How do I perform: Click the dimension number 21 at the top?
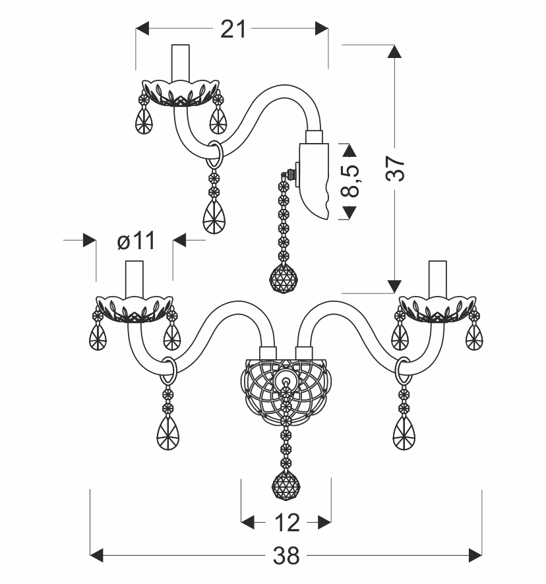click(233, 29)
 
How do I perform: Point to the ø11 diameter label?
click(136, 241)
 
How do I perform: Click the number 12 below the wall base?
click(286, 523)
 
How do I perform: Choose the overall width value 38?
click(286, 556)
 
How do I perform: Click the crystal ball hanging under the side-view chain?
click(284, 277)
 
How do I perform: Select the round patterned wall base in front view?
click(286, 392)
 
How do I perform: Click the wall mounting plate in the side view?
click(315, 178)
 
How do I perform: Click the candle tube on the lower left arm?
click(135, 278)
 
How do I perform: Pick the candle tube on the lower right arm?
click(437, 278)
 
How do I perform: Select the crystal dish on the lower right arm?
click(437, 307)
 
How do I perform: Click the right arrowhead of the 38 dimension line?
click(476, 556)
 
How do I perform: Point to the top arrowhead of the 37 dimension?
click(394, 52)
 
